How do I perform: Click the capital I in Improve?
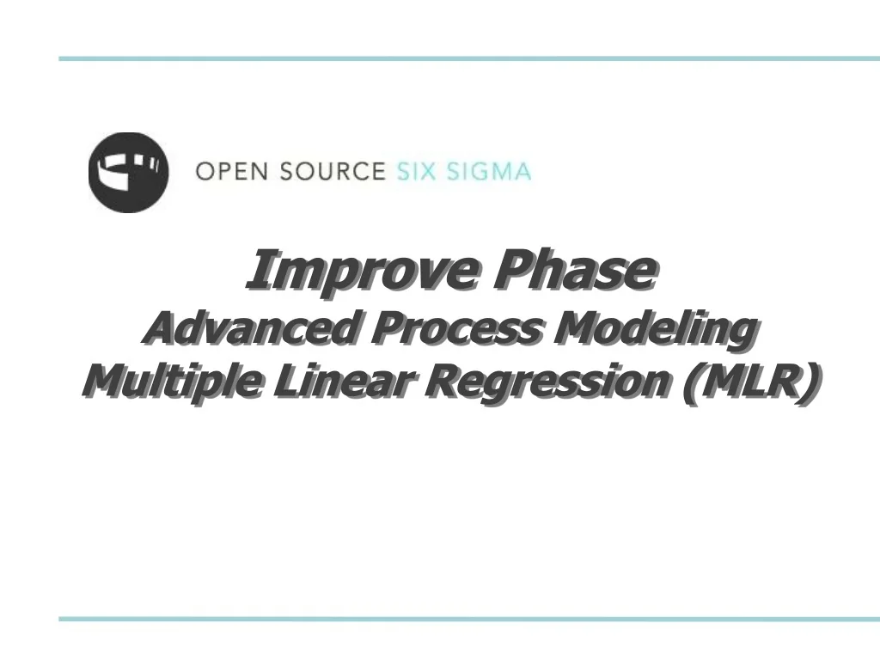[x=255, y=271]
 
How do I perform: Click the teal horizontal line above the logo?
[x=469, y=58]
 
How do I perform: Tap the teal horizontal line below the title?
[x=469, y=619]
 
